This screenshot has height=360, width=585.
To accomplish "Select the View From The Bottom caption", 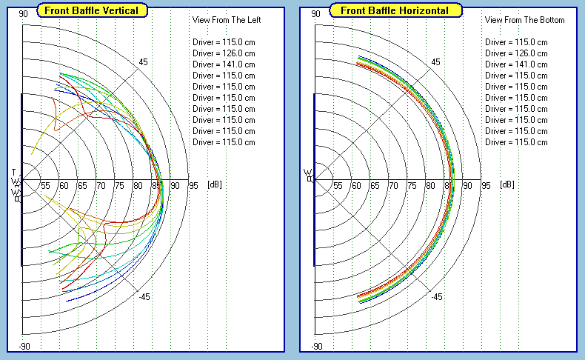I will pos(525,20).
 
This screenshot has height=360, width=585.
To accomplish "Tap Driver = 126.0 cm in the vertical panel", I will pos(224,53).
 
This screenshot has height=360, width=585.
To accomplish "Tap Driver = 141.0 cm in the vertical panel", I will pos(224,64).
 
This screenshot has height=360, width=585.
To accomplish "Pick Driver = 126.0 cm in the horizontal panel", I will pos(516,53).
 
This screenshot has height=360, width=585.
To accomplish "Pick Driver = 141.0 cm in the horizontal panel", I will pos(516,64).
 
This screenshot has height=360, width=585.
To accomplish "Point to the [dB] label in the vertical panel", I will pos(214,184).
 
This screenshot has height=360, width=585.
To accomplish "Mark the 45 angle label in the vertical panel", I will pos(143,62).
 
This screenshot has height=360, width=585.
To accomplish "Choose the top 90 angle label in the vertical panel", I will pos(24,14).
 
